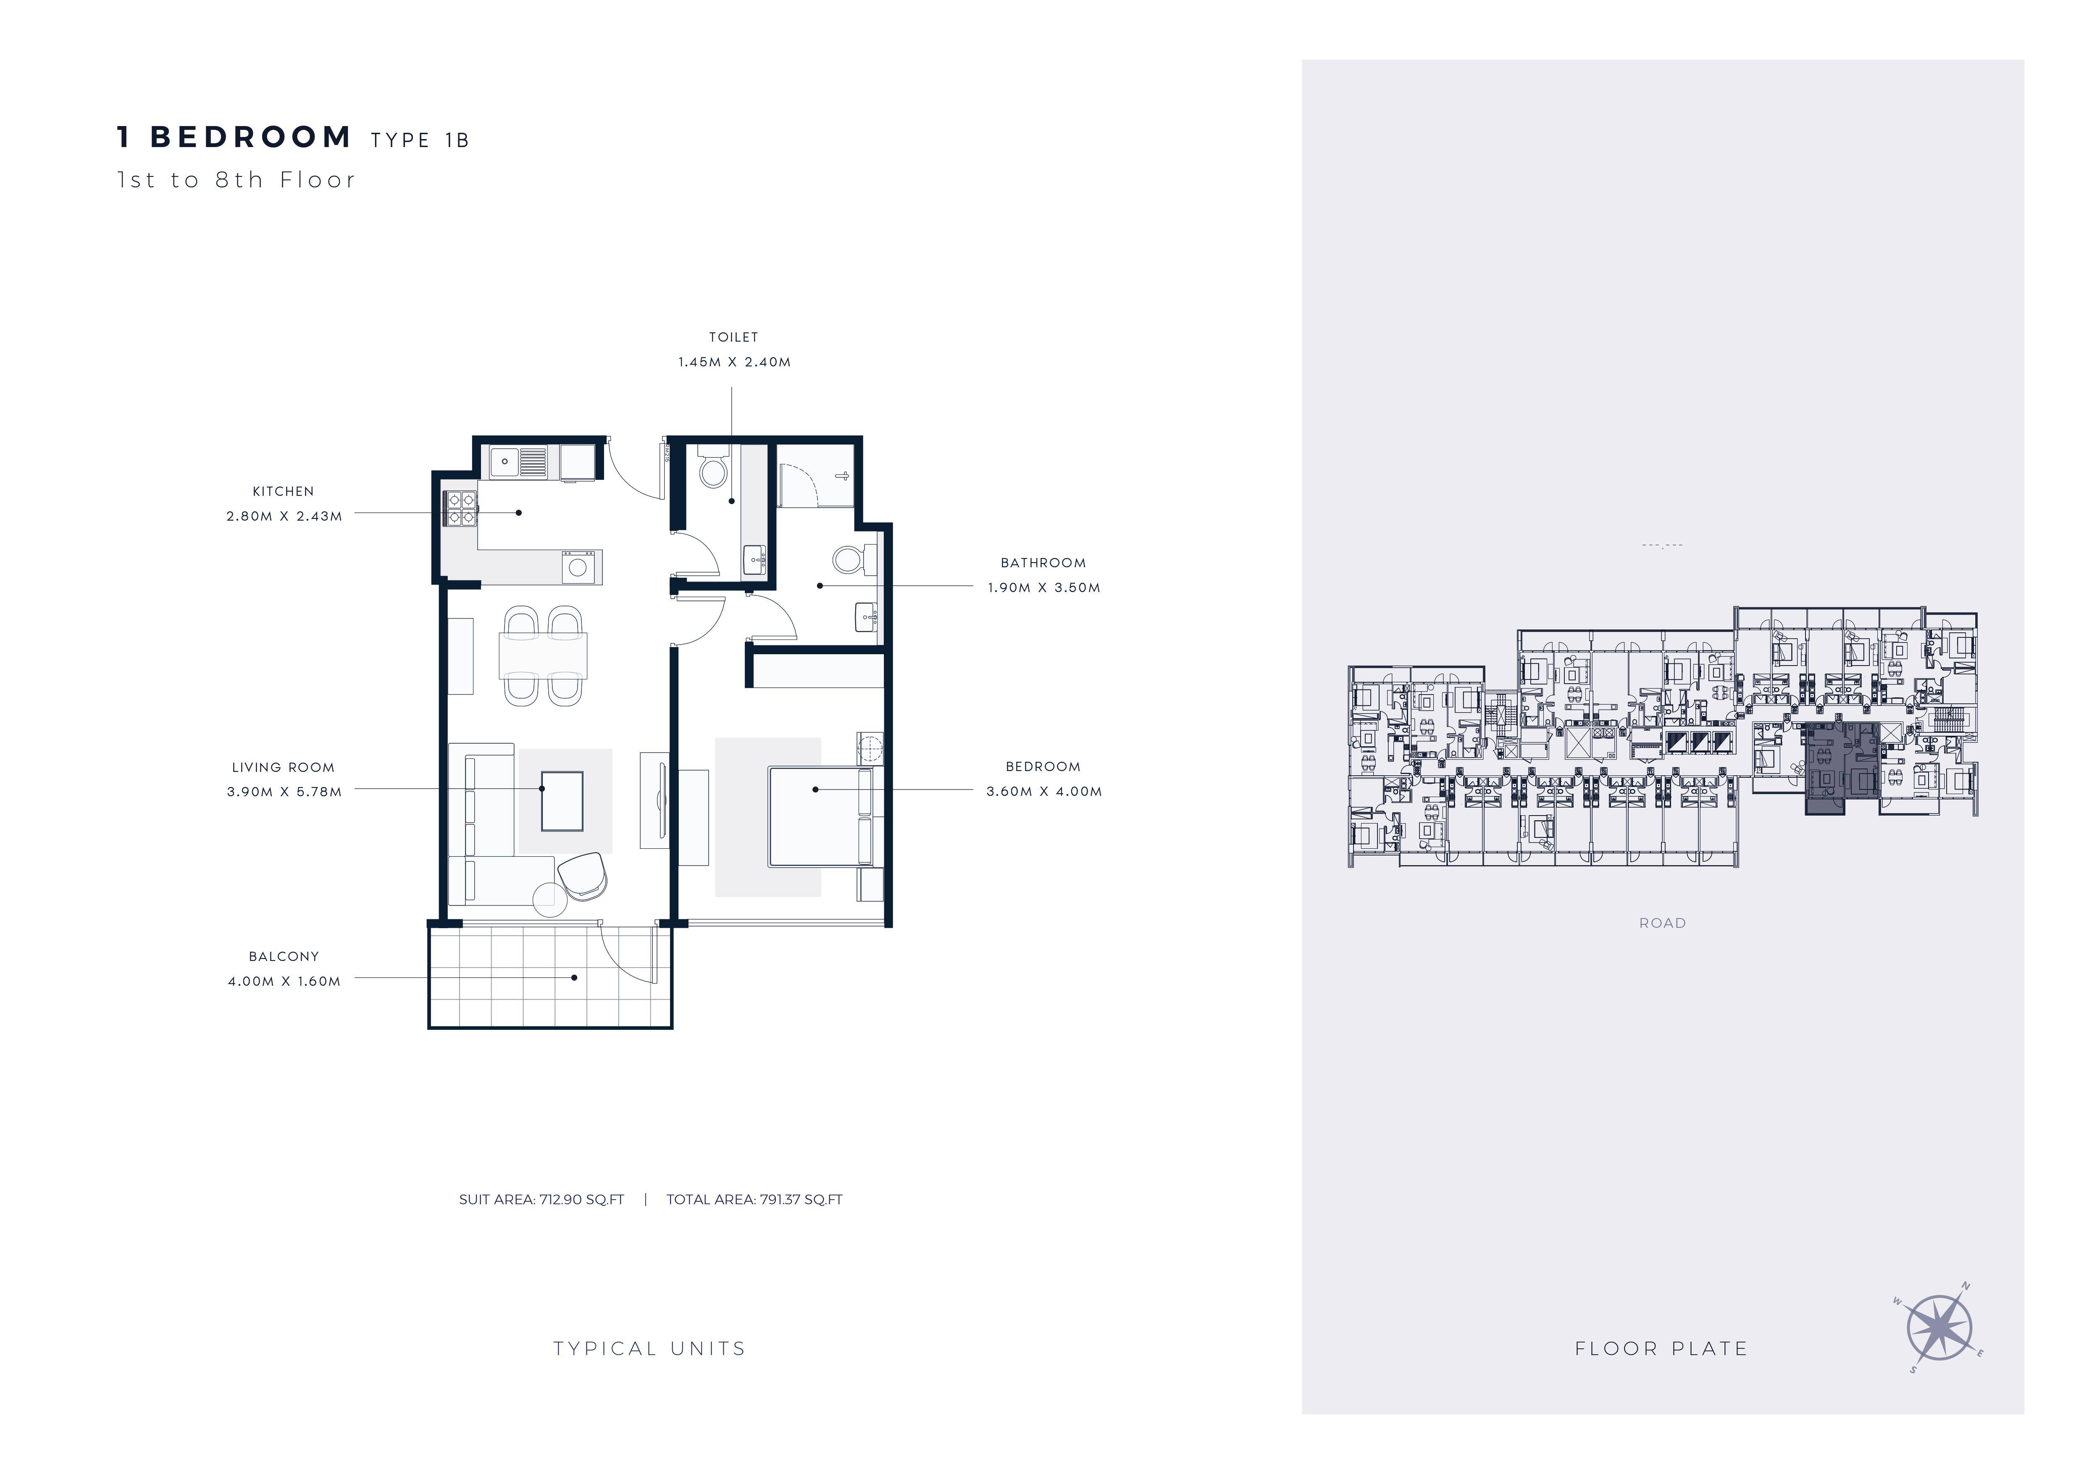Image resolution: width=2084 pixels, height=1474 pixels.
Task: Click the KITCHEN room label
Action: (283, 491)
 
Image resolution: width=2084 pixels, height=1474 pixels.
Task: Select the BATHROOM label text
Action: (1043, 563)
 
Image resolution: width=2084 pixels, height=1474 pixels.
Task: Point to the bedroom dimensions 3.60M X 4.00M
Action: (1044, 792)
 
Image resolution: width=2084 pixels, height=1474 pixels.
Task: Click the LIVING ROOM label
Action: (283, 767)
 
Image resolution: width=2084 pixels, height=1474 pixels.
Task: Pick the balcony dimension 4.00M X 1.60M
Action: (284, 981)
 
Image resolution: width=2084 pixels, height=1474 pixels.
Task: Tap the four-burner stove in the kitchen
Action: (460, 508)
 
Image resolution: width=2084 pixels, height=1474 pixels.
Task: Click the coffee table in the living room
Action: (562, 800)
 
